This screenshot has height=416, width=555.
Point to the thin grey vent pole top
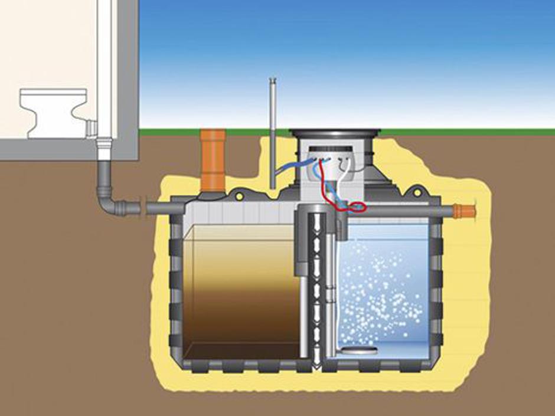[x=272, y=81]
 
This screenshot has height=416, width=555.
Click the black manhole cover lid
[x=334, y=133]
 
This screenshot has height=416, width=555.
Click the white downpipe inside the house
[x=105, y=71]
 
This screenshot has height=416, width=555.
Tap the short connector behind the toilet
[x=91, y=127]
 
